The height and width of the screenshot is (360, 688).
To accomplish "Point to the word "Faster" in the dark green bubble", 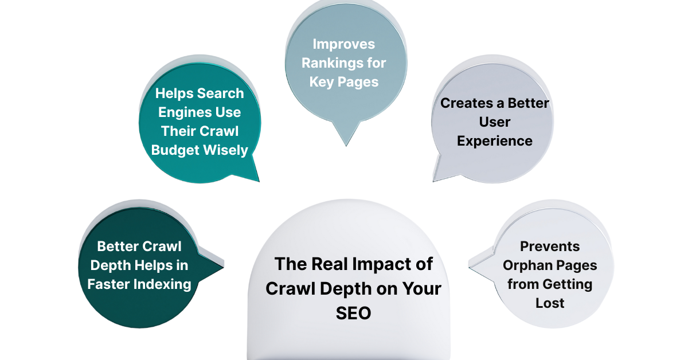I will [112, 284].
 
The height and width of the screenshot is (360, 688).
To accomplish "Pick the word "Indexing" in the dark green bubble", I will [162, 284].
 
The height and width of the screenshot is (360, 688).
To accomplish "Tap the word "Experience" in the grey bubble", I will [494, 140].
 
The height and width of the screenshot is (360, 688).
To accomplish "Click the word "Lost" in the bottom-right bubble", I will [550, 303].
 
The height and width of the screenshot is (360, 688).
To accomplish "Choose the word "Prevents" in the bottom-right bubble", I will [550, 246].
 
